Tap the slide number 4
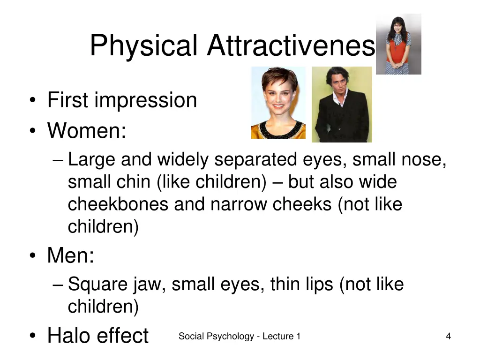449,336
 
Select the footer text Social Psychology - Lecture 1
239,336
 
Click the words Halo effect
97,336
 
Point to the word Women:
87,130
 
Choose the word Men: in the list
71,256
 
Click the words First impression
122,100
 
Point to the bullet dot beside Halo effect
32,336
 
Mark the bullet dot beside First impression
32,100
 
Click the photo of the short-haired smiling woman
278,103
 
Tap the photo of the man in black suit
342,105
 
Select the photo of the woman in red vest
398,44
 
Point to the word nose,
424,160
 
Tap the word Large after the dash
91,160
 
